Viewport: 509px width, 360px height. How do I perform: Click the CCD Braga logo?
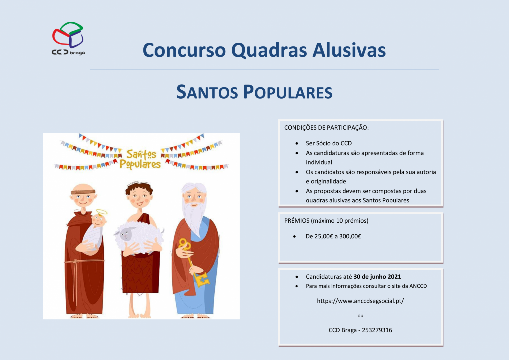coord(68,38)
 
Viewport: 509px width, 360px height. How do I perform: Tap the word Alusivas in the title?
coord(349,50)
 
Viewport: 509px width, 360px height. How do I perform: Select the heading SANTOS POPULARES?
coord(254,92)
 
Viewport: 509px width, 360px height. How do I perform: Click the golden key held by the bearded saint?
coord(194,264)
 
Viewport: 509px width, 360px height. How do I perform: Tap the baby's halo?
coord(101,212)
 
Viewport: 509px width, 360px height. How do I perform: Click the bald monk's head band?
coord(83,192)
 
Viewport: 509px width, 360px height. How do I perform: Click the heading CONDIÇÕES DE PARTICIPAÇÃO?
coord(326,128)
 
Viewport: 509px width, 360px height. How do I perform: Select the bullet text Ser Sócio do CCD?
coord(329,143)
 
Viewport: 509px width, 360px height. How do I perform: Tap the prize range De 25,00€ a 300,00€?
coord(333,236)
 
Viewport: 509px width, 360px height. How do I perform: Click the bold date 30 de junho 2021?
coord(377,277)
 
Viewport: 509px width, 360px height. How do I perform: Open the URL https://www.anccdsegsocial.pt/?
coord(360,301)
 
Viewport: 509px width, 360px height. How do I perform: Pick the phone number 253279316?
coord(377,330)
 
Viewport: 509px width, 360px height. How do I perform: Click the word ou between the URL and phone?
coord(360,316)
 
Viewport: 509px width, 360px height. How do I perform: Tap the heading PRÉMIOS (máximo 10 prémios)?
coord(326,221)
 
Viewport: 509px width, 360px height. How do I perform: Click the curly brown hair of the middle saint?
coord(139,187)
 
